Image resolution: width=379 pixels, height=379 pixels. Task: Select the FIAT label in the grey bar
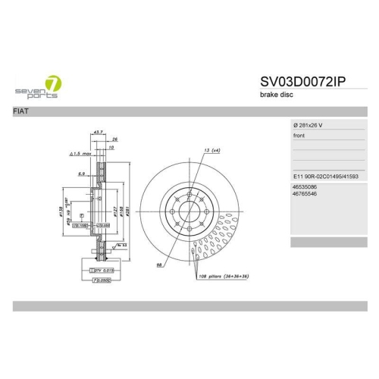point(23,111)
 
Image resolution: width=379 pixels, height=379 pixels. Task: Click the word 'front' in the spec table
point(299,136)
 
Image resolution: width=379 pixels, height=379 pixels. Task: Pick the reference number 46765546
point(305,194)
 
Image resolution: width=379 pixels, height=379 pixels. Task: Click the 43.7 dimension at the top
point(98,133)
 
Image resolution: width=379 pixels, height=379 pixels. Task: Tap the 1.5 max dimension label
point(81,153)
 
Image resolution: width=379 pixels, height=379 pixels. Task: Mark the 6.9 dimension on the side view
point(80,173)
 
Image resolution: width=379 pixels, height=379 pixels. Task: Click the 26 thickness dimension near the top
point(114,140)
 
